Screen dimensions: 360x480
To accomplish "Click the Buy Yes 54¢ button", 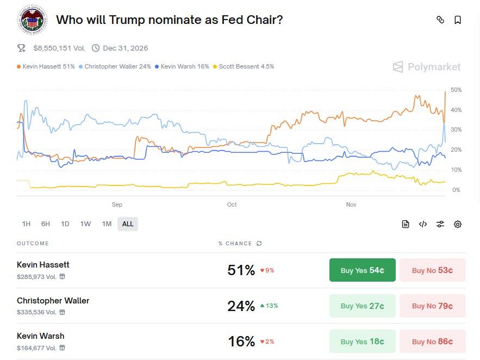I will (x=362, y=270).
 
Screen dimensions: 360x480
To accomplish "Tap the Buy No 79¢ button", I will (x=432, y=306).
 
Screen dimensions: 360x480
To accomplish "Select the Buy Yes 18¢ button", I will (x=362, y=342).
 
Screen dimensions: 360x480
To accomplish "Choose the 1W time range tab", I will (x=85, y=224).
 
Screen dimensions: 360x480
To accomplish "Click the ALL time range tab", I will (x=128, y=224).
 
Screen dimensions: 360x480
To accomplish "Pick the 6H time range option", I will (x=46, y=224).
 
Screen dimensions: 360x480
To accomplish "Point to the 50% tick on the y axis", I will (x=456, y=90).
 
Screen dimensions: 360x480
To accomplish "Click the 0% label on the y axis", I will (x=456, y=190).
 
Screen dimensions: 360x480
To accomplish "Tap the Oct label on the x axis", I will (x=232, y=205).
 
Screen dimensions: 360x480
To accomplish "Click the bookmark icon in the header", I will (x=458, y=20).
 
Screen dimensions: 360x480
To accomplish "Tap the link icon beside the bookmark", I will (x=440, y=20).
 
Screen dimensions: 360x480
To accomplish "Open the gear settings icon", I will (x=458, y=224).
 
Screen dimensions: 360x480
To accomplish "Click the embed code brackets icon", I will (x=423, y=224).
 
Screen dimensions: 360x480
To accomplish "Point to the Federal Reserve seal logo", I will (x=33, y=20).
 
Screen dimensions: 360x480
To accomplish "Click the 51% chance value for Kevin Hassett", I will (x=241, y=270).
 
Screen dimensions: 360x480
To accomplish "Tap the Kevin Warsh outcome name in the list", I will (x=41, y=336).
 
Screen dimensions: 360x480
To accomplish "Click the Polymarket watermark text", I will (x=434, y=67).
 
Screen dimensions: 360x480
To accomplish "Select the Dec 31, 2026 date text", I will (x=125, y=48).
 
